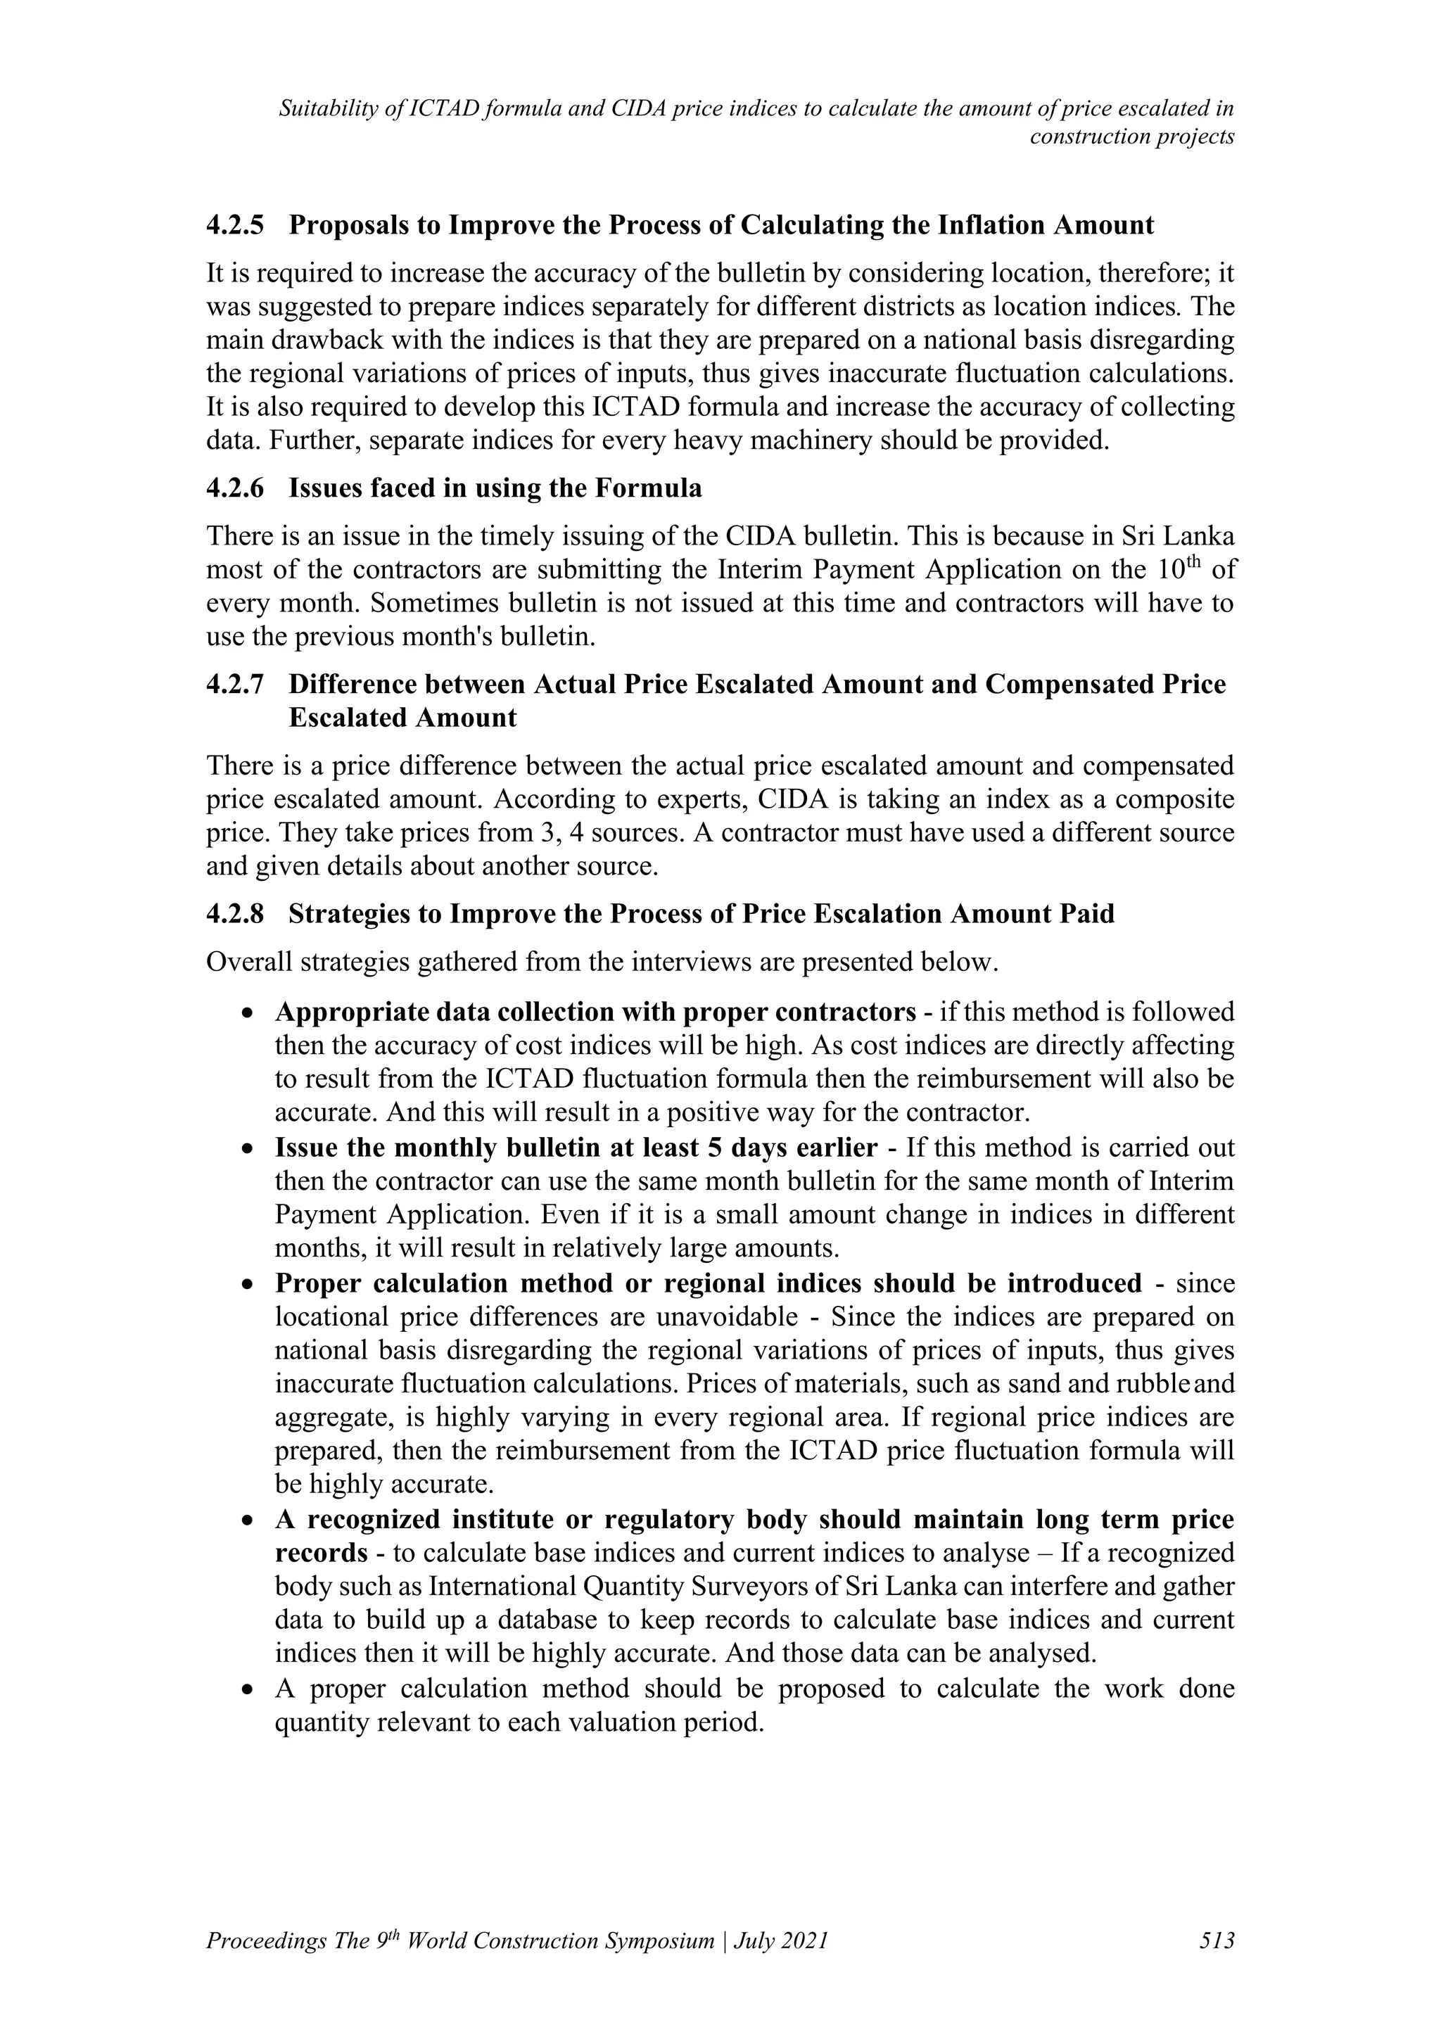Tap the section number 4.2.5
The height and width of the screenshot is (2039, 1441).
(235, 226)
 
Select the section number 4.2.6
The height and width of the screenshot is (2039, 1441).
(235, 488)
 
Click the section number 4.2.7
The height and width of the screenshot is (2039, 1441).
(235, 685)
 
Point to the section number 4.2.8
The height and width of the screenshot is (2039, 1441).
(235, 914)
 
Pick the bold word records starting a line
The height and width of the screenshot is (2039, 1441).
(321, 1554)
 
